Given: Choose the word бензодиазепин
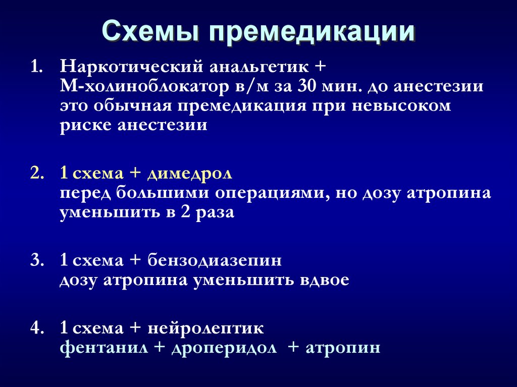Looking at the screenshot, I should (215, 261).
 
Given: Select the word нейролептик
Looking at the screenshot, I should (206, 328).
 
